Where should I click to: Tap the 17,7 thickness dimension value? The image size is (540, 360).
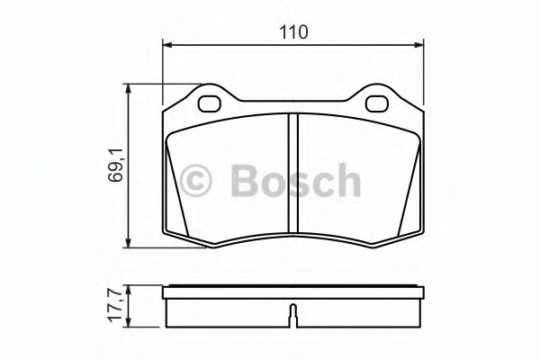coord(115,305)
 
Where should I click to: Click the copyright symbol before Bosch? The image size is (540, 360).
coord(198,181)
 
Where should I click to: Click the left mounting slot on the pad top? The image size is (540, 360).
coord(209,102)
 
